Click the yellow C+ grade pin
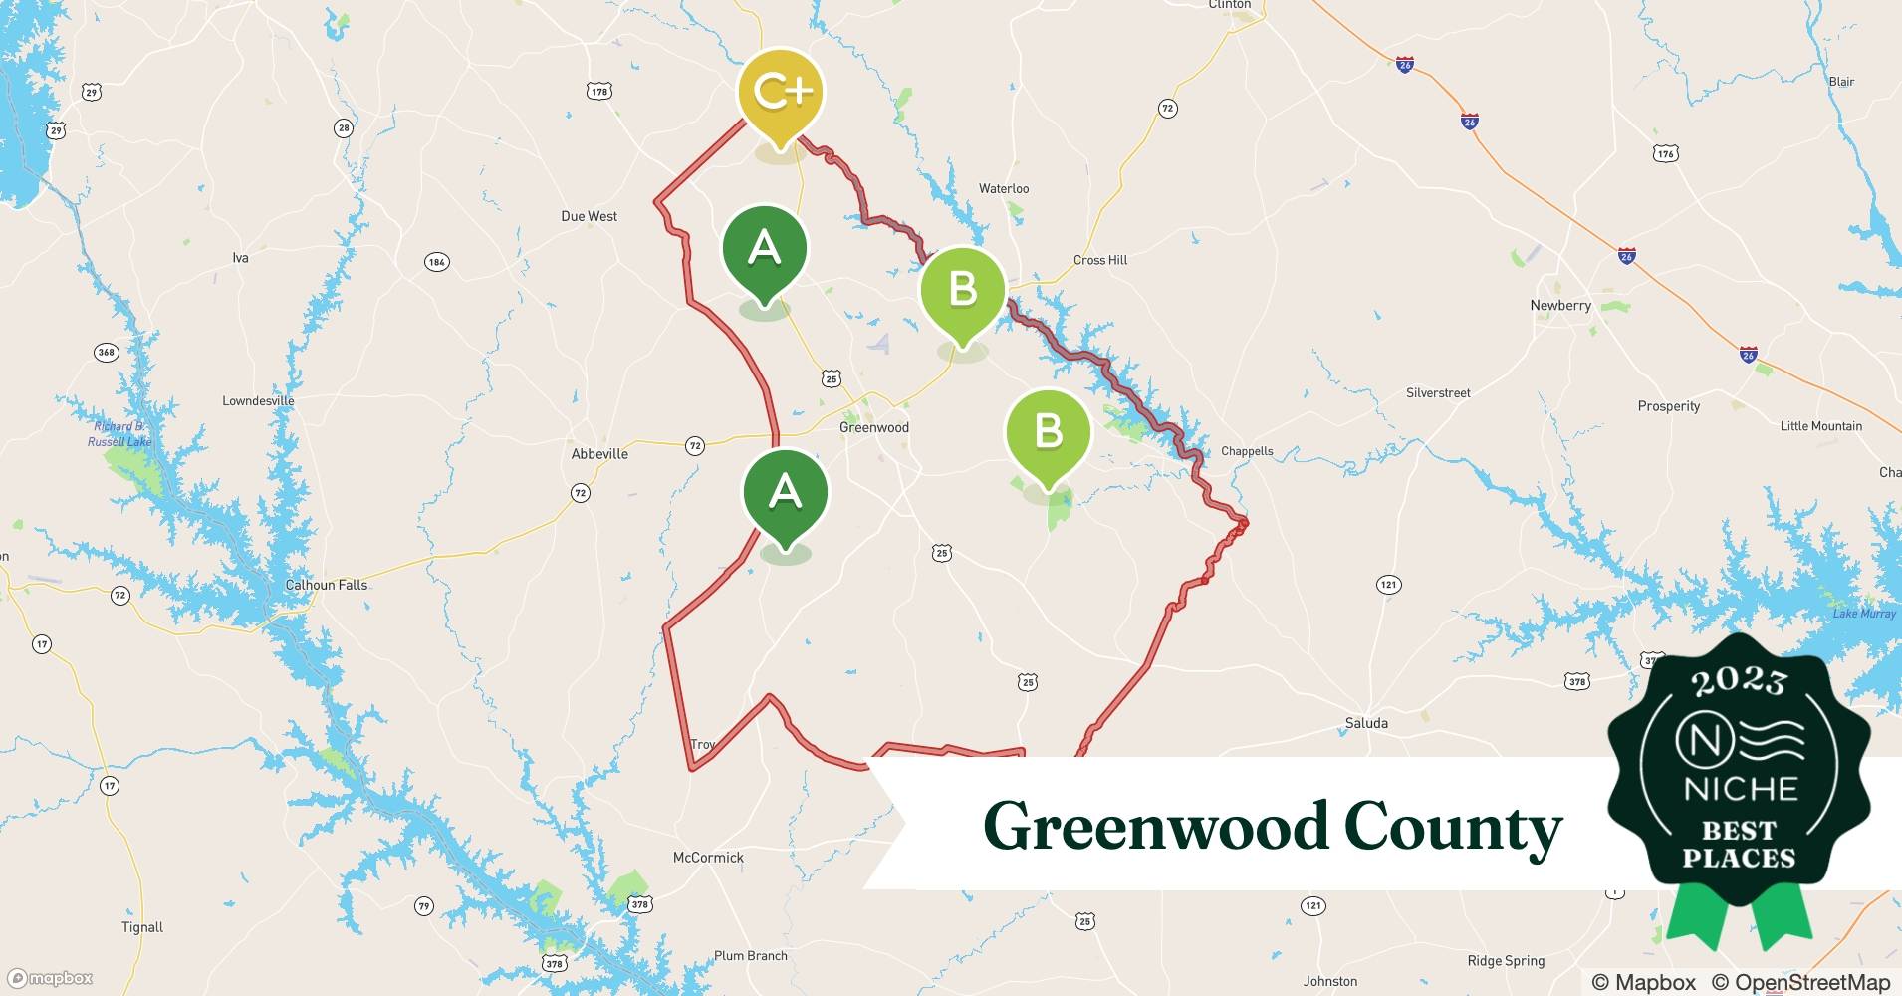781,93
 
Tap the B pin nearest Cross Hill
962,290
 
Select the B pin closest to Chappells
1048,432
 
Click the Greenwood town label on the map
873,427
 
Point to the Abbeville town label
599,454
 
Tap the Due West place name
589,216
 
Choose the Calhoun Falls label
326,585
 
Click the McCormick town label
708,858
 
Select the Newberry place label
1560,306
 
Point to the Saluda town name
1365,723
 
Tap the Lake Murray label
1864,614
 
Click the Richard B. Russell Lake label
119,434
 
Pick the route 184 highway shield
436,262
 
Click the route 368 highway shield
106,352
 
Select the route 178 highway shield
598,92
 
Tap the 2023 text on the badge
1739,681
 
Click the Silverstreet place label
1437,393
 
